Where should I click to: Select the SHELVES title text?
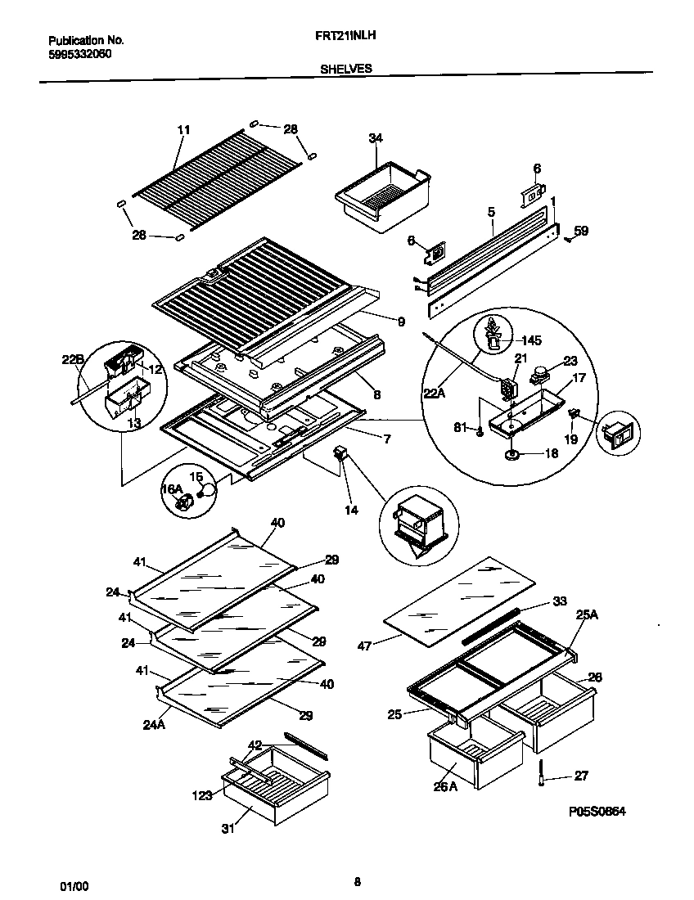345,69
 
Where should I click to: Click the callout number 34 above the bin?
375,139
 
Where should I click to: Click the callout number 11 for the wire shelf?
183,130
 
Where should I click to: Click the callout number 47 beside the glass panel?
365,646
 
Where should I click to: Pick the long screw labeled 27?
541,775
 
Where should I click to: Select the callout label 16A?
171,488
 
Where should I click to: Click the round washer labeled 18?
514,455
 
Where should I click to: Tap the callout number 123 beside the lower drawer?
202,794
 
